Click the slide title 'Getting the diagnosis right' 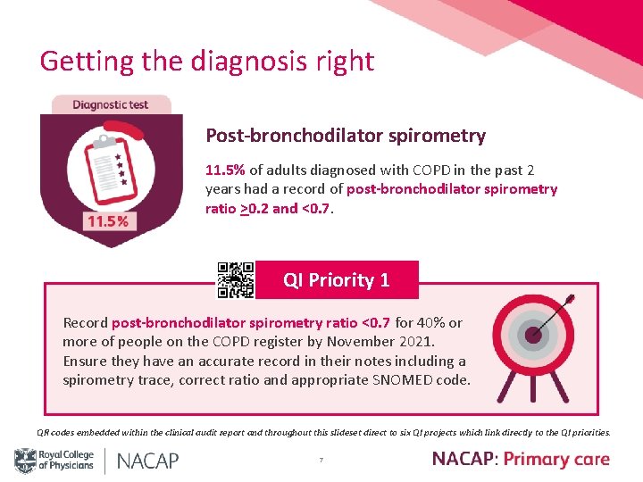[206, 61]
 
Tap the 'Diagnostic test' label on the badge [111, 104]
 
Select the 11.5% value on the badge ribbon [106, 221]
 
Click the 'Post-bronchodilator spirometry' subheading [346, 136]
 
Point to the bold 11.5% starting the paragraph [225, 170]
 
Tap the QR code [236, 279]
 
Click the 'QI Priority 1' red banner [337, 279]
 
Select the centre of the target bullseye [534, 336]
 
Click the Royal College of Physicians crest [24, 461]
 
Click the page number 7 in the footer [321, 461]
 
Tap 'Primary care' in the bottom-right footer [556, 460]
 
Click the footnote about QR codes [323, 433]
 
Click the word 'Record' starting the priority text [85, 323]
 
